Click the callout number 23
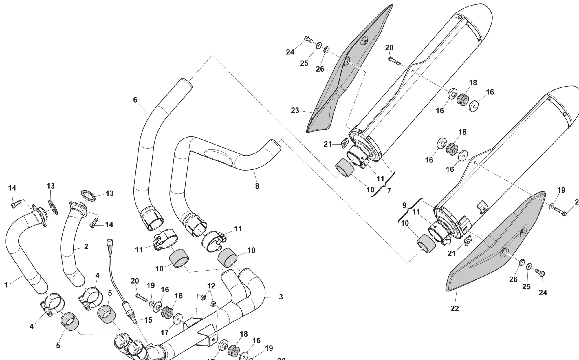(x=295, y=110)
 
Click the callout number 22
(x=455, y=308)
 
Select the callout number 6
(x=135, y=100)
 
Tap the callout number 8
(x=257, y=186)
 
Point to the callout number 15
(x=148, y=320)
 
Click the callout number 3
(x=281, y=297)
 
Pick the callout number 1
(x=6, y=285)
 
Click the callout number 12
(x=211, y=286)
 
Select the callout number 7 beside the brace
(x=389, y=190)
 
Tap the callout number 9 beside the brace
(x=404, y=206)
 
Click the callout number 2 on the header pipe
(x=86, y=247)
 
